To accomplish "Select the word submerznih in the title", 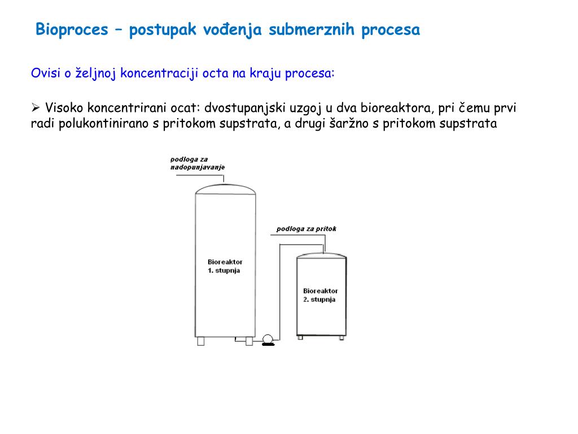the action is [x=312, y=30].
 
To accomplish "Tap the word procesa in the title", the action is [x=391, y=30].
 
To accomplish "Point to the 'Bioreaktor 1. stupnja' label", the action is [x=225, y=266].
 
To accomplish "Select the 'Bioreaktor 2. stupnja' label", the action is [x=320, y=295].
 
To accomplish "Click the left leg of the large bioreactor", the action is [x=201, y=341].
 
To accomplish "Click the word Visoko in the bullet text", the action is [x=65, y=108].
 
